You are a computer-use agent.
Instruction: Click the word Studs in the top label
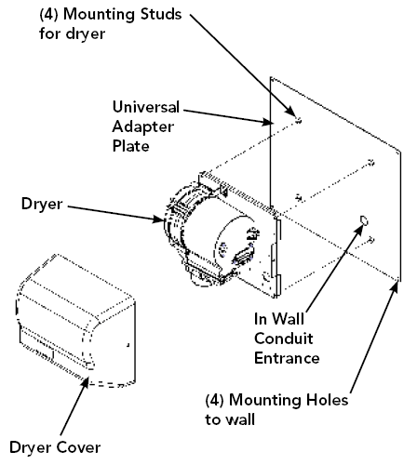tap(161, 14)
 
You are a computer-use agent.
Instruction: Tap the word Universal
tap(146, 107)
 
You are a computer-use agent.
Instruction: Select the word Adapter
tap(143, 127)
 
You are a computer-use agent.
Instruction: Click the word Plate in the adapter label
tap(130, 146)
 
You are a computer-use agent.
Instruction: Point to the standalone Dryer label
tap(42, 205)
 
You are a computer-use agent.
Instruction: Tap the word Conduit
tap(284, 339)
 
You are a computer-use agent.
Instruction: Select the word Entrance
tap(287, 358)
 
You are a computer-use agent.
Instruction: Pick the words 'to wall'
tap(230, 419)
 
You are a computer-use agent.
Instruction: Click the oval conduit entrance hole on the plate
tap(364, 220)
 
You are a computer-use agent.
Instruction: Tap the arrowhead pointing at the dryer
tap(159, 219)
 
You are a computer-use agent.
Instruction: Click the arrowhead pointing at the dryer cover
tap(85, 383)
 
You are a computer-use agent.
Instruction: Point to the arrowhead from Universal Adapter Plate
tap(267, 122)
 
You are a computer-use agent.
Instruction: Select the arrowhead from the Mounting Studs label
tap(290, 111)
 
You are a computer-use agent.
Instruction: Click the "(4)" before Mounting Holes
tap(214, 400)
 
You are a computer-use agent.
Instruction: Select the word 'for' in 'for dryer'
tap(49, 33)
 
